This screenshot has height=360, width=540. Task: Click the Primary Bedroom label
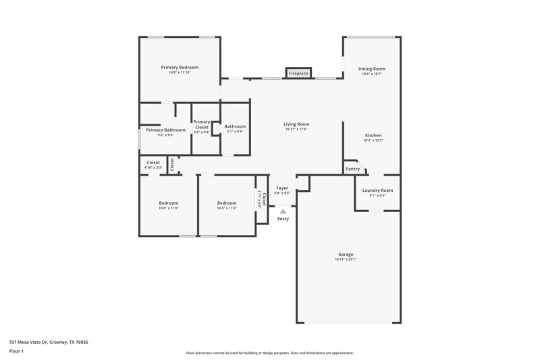(x=180, y=68)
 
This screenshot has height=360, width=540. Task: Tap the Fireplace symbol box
(x=298, y=73)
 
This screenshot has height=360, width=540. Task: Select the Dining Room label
(x=372, y=69)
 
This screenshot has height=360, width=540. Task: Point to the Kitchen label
(x=373, y=135)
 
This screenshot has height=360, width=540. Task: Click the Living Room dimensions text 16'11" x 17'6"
(x=296, y=130)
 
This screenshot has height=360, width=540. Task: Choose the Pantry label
(x=352, y=169)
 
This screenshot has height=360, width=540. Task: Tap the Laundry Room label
(x=377, y=190)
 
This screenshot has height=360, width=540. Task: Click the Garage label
(x=346, y=255)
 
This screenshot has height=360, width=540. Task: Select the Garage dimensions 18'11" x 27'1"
(x=346, y=260)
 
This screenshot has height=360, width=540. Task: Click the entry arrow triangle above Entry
(x=283, y=211)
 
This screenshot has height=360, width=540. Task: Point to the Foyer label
(x=282, y=188)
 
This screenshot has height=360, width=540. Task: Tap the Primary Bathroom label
(x=165, y=130)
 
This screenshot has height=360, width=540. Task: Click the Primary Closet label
(x=202, y=124)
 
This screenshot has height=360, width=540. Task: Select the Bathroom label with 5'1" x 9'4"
(x=235, y=126)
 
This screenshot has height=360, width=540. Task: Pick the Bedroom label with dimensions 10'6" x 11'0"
(x=169, y=203)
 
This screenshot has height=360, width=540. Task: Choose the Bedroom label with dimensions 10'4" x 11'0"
(x=227, y=203)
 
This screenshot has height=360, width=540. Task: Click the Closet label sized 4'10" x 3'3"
(x=153, y=163)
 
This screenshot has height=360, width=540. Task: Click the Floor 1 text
(x=17, y=351)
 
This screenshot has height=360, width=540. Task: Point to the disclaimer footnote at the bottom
(x=269, y=353)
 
